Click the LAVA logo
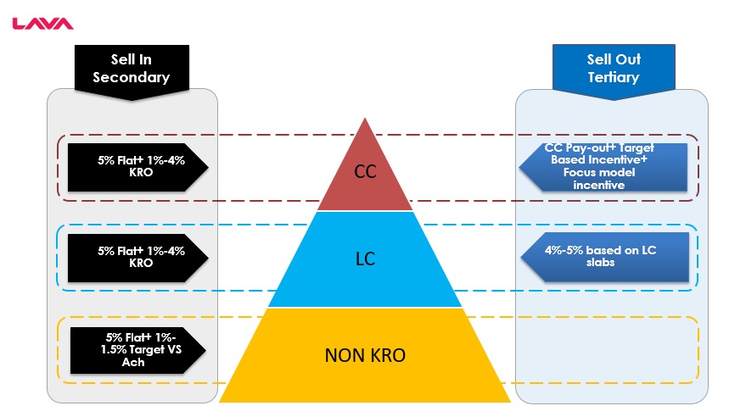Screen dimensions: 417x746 pos(42,24)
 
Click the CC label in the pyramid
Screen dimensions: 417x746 pos(365,172)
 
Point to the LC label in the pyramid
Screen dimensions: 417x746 pos(365,259)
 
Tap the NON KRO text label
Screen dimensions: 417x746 pos(365,355)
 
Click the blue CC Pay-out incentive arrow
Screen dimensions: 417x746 pos(603,166)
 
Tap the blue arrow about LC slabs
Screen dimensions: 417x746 pos(603,256)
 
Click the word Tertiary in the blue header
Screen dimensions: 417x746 pos(613,77)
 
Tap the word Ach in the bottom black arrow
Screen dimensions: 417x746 pos(133,362)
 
